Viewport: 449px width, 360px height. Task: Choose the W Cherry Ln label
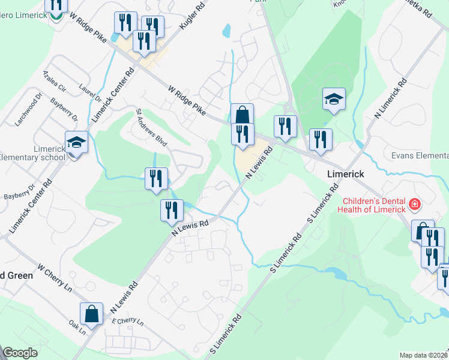tap(55, 277)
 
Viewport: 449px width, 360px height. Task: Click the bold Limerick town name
tap(346, 172)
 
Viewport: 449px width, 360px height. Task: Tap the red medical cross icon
tap(414, 206)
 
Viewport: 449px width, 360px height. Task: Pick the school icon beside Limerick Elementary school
tap(76, 143)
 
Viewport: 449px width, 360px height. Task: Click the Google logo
tap(20, 353)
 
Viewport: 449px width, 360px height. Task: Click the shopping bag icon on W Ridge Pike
tap(242, 114)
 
